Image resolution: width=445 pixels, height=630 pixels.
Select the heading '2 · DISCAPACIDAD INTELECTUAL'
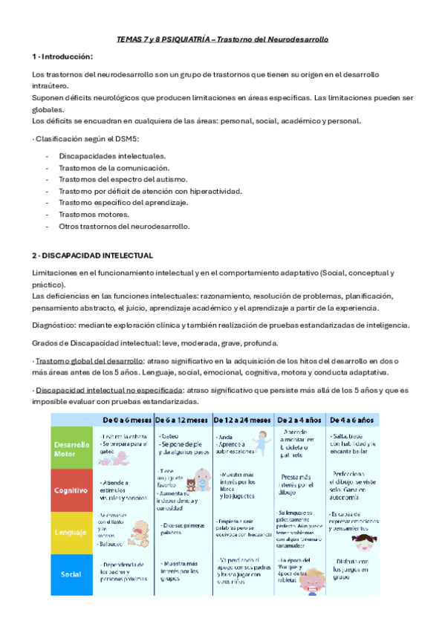tap(93, 255)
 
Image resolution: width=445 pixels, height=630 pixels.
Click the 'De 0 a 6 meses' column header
tap(126, 419)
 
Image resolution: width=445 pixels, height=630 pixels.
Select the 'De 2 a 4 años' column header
tap(300, 419)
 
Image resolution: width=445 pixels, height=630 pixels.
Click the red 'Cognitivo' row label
tap(72, 490)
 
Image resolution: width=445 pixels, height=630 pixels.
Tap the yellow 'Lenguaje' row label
tap(72, 533)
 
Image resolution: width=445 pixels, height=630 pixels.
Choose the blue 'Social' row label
tap(72, 574)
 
